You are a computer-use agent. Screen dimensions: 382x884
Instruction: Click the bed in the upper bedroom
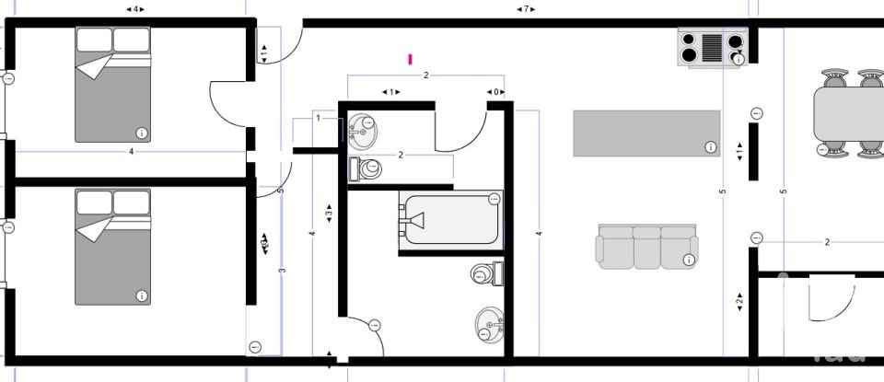[x=112, y=85]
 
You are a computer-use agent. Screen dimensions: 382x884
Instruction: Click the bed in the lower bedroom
[x=112, y=247]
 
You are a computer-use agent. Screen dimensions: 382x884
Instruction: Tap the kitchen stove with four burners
[x=712, y=47]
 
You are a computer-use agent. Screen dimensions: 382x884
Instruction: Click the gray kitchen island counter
[x=646, y=133]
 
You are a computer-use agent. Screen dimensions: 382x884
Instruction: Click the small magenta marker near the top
[x=411, y=59]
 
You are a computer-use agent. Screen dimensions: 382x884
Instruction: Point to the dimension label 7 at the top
[x=526, y=9]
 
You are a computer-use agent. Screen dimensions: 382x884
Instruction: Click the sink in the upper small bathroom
[x=362, y=130]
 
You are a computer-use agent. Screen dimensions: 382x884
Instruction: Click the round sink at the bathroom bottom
[x=489, y=325]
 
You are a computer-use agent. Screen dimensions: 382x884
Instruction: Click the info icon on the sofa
[x=688, y=260]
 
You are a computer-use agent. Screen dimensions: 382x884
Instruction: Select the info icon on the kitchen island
[x=711, y=146]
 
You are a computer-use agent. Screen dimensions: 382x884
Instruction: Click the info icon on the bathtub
[x=494, y=198]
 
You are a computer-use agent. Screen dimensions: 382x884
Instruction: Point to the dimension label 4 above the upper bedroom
[x=134, y=9]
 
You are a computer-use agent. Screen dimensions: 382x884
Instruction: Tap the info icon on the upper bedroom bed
[x=141, y=133]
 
